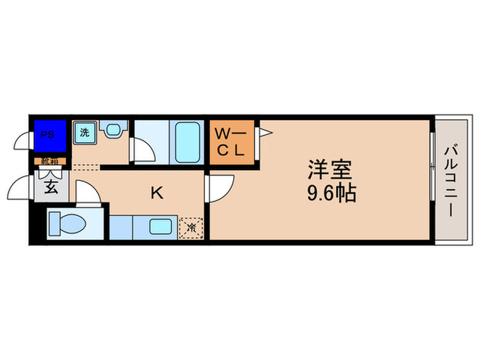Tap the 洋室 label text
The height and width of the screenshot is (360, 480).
pos(322,169)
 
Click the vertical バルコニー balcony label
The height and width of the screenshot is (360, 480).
pos(451,180)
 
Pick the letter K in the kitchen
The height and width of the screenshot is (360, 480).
pos(156,193)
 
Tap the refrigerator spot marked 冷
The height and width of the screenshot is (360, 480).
pos(192,226)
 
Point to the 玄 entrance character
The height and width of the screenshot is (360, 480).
pos(52,187)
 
